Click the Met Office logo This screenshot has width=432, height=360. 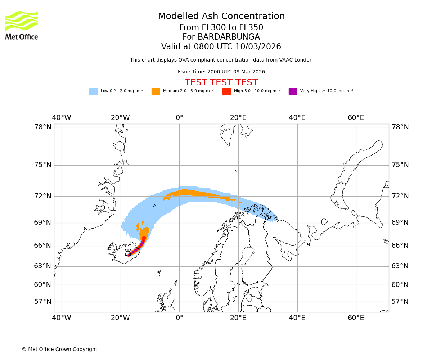click(22, 25)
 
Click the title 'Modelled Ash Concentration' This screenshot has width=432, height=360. click(221, 16)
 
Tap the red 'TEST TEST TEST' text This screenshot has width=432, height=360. click(221, 82)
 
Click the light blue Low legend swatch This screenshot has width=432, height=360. click(93, 91)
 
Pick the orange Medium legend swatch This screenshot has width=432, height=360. click(156, 91)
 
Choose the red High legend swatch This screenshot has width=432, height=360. click(226, 91)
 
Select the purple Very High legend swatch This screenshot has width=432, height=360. click(293, 91)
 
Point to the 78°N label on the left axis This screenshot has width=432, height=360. click(42, 127)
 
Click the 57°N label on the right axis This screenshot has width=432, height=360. click(400, 301)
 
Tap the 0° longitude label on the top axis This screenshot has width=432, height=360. click(179, 118)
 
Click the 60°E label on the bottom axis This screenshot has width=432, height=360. click(356, 318)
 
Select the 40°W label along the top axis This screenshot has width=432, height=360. click(62, 118)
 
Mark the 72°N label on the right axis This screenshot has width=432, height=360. click(400, 196)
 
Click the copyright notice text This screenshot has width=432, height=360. click(59, 349)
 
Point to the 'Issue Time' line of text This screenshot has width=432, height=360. click(221, 72)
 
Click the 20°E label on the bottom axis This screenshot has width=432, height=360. click(238, 318)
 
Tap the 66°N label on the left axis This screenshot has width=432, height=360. click(42, 246)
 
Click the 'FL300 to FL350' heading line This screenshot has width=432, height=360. click(221, 28)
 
